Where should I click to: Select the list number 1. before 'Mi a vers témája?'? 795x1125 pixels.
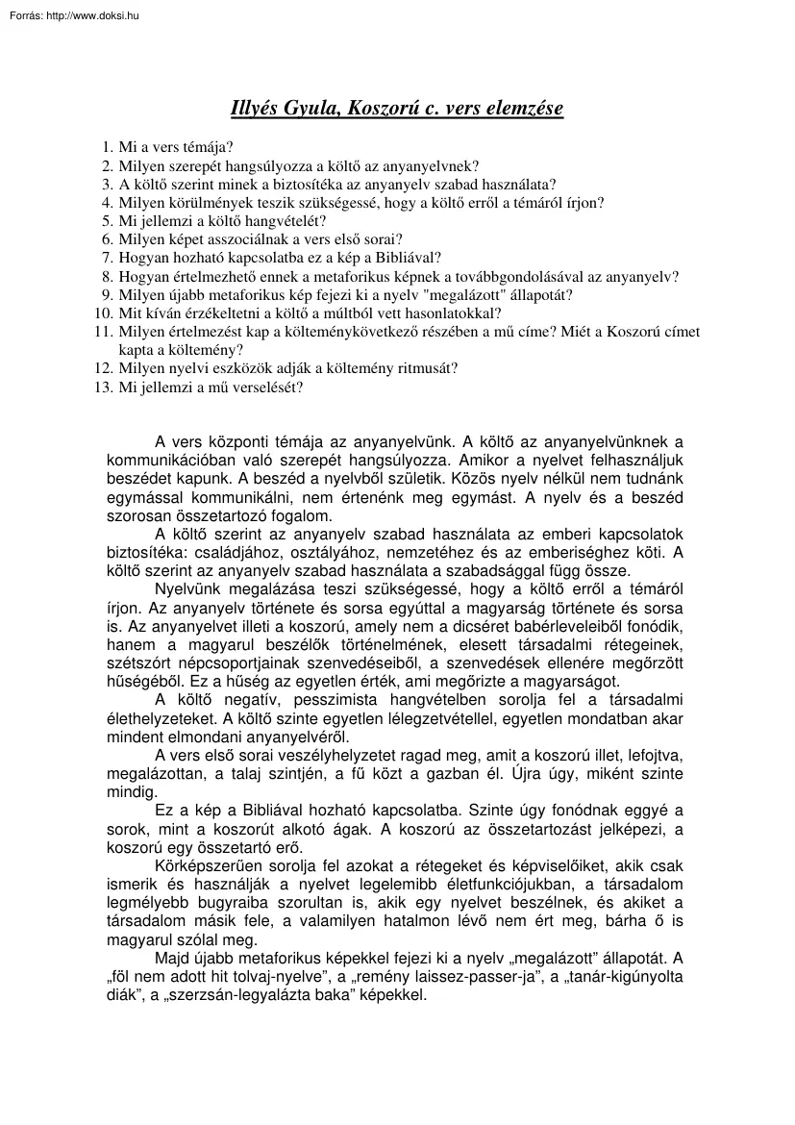pyautogui.click(x=106, y=148)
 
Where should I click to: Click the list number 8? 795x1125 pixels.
pyautogui.click(x=106, y=276)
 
